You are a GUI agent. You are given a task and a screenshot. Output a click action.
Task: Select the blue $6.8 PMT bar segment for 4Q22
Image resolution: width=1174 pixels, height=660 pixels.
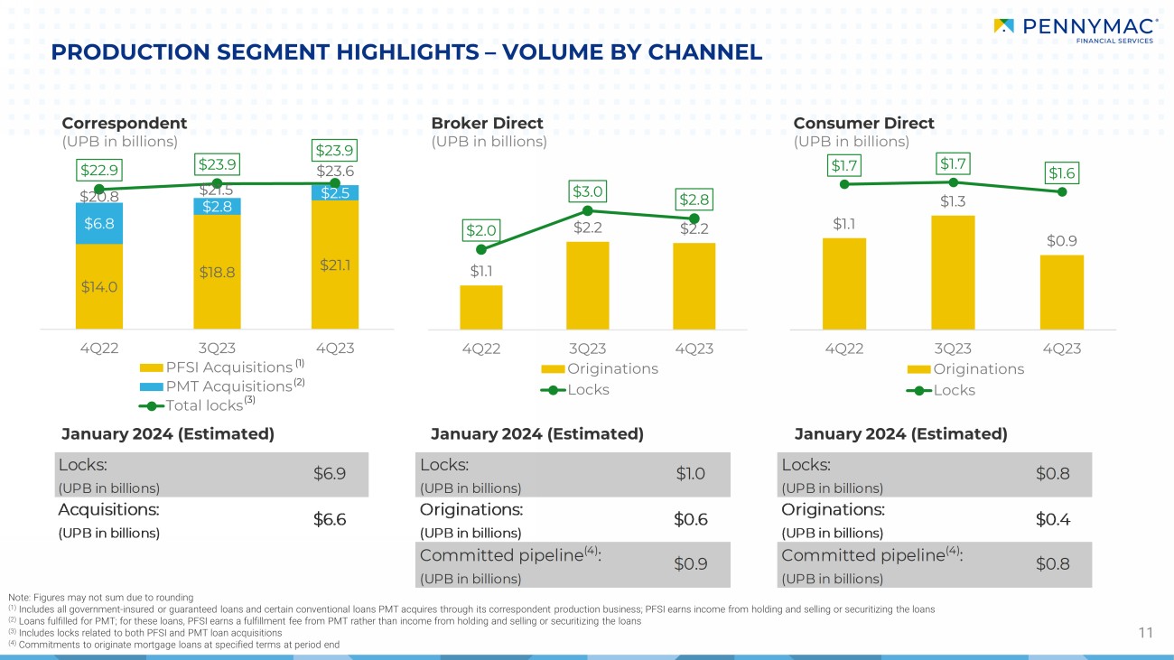tap(99, 223)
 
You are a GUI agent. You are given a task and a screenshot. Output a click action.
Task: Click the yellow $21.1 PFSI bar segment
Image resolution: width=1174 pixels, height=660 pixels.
tap(335, 265)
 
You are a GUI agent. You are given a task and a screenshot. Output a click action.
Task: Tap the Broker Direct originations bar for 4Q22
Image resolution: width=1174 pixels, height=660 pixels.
tap(481, 307)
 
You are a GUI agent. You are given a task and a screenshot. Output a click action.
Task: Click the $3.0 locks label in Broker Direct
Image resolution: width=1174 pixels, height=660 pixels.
tap(587, 191)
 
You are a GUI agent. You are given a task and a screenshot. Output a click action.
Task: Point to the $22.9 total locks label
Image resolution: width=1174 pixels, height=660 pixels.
tap(99, 170)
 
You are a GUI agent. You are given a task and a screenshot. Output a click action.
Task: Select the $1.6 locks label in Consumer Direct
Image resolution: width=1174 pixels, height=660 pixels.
tap(1062, 172)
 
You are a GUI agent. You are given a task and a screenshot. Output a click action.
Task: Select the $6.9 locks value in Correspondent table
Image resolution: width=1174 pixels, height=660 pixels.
tap(330, 473)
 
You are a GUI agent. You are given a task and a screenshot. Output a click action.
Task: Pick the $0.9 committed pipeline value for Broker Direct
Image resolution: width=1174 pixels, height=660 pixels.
tap(691, 563)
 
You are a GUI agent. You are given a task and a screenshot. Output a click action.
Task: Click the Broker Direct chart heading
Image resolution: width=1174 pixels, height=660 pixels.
tap(488, 123)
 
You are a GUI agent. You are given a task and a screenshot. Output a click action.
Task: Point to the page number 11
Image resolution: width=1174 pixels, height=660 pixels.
tap(1146, 633)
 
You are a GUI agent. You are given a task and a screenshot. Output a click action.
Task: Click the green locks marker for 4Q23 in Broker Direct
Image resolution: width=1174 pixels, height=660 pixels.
tap(694, 218)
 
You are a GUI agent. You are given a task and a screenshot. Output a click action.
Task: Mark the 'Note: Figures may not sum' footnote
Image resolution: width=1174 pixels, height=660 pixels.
tap(99, 597)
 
